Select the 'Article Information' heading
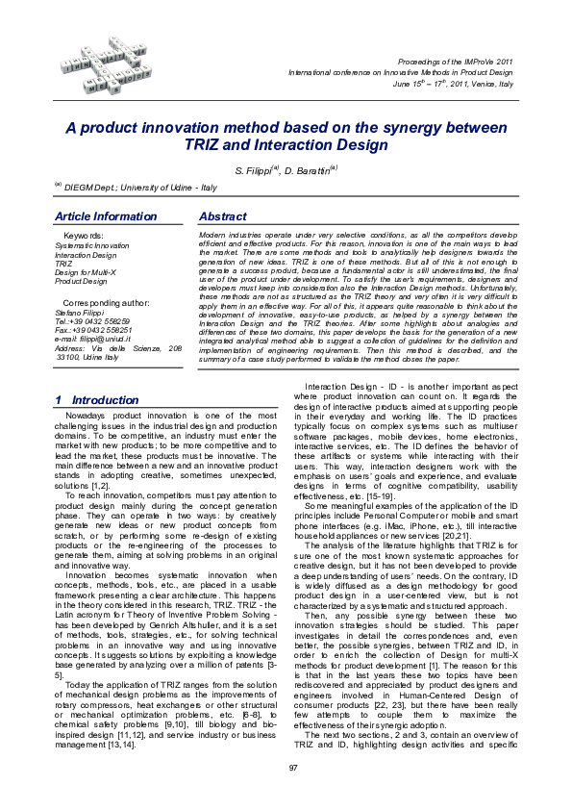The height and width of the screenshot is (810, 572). click(105, 216)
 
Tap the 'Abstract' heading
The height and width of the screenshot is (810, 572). click(221, 216)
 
